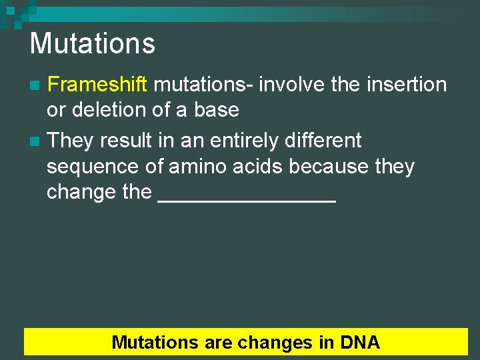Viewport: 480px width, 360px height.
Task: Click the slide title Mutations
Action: coord(92,44)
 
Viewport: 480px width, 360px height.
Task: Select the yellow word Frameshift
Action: coord(100,85)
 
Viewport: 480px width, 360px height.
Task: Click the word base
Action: coord(216,109)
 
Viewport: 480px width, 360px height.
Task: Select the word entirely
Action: coord(242,141)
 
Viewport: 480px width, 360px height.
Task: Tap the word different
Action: coord(327,141)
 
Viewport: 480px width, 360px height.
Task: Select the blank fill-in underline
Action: coord(247,199)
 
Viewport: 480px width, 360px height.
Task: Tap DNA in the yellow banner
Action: coord(359,343)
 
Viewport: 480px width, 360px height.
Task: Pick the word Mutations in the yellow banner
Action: coord(155,343)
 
